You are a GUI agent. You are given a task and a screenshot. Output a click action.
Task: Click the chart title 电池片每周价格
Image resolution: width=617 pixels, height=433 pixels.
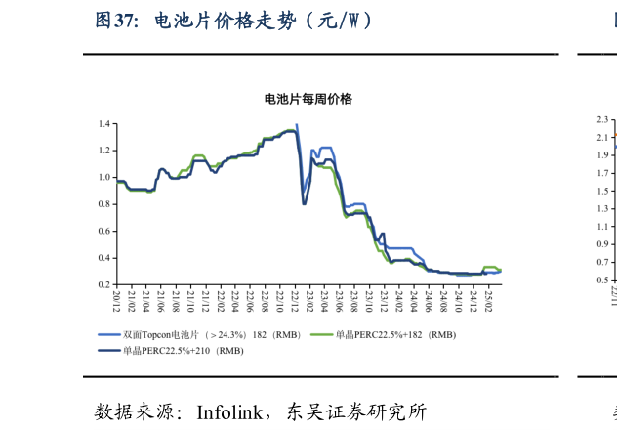coord(308,100)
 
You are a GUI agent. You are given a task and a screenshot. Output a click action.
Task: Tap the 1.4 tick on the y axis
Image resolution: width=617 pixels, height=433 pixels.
coord(103,124)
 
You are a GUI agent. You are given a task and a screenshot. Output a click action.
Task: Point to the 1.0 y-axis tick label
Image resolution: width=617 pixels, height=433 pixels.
coord(103,178)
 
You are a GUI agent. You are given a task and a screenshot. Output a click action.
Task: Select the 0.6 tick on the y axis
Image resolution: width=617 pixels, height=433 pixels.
coord(103,231)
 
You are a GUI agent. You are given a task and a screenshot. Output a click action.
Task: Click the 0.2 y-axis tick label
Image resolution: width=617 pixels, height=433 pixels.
coord(103,284)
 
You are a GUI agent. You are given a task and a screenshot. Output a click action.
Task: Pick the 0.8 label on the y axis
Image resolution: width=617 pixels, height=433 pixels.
coord(103,204)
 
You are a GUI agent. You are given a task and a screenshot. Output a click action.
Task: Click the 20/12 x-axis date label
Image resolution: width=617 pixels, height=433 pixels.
coord(116,299)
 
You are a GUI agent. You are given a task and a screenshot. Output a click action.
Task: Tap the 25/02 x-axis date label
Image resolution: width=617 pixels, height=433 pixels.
coord(488,299)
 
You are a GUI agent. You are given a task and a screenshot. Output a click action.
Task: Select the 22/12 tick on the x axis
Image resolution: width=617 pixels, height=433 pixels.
coord(295,299)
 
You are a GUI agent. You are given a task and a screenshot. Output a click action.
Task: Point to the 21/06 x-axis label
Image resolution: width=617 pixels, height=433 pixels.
coord(161,299)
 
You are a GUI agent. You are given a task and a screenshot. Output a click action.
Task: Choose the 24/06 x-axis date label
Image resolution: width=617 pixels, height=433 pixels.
coord(429,299)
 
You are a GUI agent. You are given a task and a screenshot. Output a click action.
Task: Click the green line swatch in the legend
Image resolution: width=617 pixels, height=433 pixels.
coord(320,335)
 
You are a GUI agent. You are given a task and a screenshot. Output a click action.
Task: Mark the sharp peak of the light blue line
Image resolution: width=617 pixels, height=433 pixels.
coord(297,125)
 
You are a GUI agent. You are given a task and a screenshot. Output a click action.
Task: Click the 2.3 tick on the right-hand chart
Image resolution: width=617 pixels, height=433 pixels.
coord(601,120)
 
